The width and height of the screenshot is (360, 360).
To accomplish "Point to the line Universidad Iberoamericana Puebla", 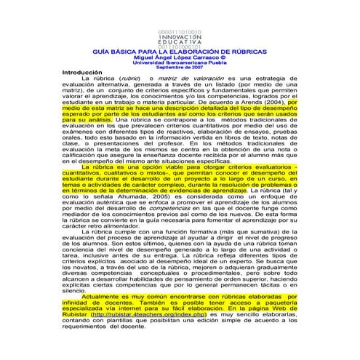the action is coord(180,64).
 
